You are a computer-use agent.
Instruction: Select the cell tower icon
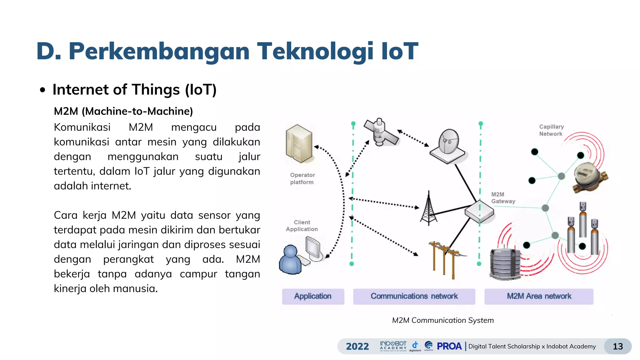[x=428, y=209]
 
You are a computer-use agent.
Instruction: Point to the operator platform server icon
[x=299, y=144]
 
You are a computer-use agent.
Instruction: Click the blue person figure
[x=290, y=260]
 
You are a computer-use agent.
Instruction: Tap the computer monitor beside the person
[x=313, y=249]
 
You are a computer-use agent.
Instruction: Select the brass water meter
[x=589, y=177]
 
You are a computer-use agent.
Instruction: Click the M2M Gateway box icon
[x=479, y=212]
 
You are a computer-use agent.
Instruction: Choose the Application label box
[x=313, y=296]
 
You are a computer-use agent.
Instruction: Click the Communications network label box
[x=414, y=296]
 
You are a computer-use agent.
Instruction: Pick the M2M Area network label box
[x=539, y=296]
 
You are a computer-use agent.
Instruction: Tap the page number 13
[x=617, y=346]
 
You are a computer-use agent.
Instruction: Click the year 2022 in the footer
[x=357, y=346]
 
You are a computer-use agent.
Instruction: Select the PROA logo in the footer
[x=449, y=346]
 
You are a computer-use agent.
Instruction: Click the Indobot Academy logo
[x=393, y=346]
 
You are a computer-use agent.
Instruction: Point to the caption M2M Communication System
[x=443, y=320]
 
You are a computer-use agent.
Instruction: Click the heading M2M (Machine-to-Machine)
[x=123, y=111]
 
